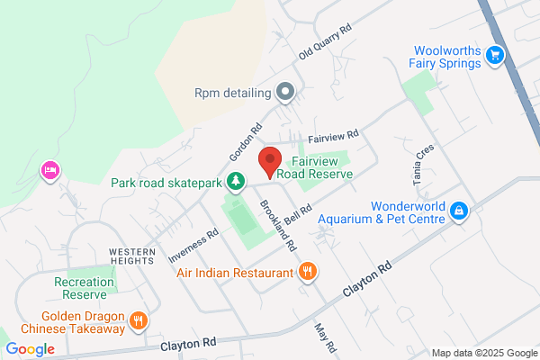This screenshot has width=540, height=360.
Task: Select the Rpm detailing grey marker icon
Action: pyautogui.click(x=285, y=91)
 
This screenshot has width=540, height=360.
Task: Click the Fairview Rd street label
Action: pyautogui.click(x=333, y=138)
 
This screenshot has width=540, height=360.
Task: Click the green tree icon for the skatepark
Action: pyautogui.click(x=235, y=182)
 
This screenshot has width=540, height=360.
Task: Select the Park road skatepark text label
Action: pyautogui.click(x=166, y=183)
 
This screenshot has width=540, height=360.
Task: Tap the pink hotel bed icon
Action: pyautogui.click(x=49, y=170)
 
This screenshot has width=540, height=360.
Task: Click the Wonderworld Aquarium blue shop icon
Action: pyautogui.click(x=459, y=211)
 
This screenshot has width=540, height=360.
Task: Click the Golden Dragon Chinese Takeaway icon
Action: pyautogui.click(x=138, y=319)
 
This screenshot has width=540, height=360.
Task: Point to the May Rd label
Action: pyautogui.click(x=325, y=338)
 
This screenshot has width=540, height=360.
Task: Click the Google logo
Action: pyautogui.click(x=30, y=349)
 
